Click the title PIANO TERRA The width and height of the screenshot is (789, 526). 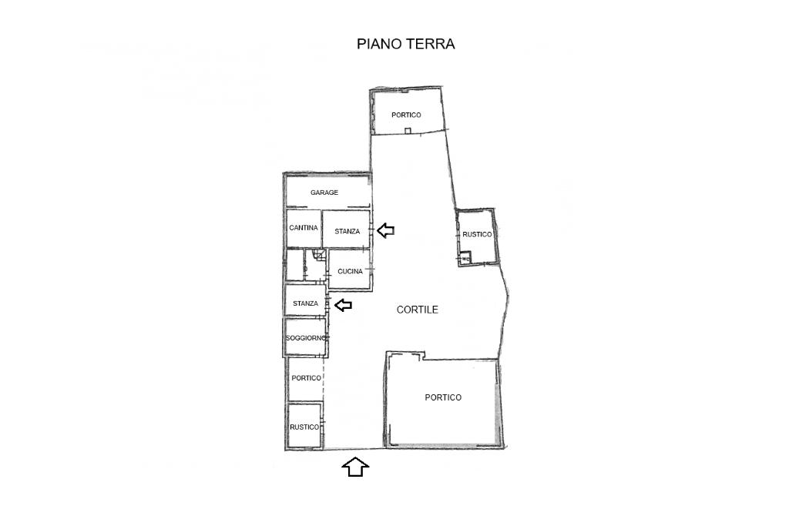coord(405,44)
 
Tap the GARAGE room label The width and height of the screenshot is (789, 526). coord(324,193)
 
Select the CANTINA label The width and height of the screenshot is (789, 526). coord(304,228)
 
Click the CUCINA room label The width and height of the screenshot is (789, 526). coord(350,272)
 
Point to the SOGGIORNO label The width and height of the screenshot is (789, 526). coord(306,338)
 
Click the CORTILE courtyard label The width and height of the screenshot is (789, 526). coord(417,310)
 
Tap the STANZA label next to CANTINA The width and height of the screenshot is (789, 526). coord(347,231)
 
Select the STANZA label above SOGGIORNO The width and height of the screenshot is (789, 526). coord(305,303)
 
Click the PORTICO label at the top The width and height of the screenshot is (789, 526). coord(406,116)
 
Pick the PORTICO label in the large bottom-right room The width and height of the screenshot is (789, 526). coord(443,397)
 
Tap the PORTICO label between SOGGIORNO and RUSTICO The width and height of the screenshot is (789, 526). coord(306,378)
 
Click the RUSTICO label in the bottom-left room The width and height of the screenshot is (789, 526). coord(304,427)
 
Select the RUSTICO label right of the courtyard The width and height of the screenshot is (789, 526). coord(477,234)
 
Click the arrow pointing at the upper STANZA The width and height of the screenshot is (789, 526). coord(385,230)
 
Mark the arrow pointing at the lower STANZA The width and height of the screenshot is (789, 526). coord(343,305)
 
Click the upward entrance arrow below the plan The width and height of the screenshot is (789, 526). coord(355,467)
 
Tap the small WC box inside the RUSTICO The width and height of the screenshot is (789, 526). coord(465,258)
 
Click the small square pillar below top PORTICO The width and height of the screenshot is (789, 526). coord(408,131)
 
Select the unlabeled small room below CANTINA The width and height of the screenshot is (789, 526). coord(294,265)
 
